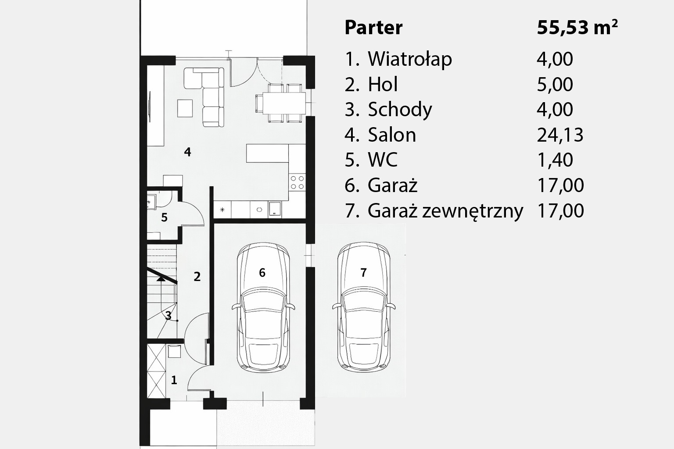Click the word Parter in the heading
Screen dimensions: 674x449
[x=373, y=28]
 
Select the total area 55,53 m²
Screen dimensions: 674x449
[x=577, y=28]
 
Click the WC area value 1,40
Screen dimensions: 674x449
[x=555, y=160]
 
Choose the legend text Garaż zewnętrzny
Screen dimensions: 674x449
[x=445, y=211]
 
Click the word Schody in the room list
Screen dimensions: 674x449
[x=400, y=110]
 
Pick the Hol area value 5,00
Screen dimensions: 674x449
[x=555, y=85]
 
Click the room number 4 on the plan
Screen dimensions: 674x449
[x=187, y=152]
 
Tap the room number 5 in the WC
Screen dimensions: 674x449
[x=164, y=217]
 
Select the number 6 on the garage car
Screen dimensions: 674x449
[x=262, y=273]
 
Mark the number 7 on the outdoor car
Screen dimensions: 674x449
[x=363, y=273]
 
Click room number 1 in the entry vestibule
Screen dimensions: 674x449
[x=174, y=380]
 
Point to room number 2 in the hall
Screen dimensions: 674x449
[x=197, y=277]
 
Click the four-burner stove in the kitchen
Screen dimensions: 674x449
[x=297, y=182]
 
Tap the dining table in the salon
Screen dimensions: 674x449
[x=284, y=103]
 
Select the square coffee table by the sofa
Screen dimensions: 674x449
[x=185, y=108]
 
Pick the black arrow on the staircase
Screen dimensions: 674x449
[x=161, y=278]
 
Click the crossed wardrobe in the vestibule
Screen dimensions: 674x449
[x=157, y=371]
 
